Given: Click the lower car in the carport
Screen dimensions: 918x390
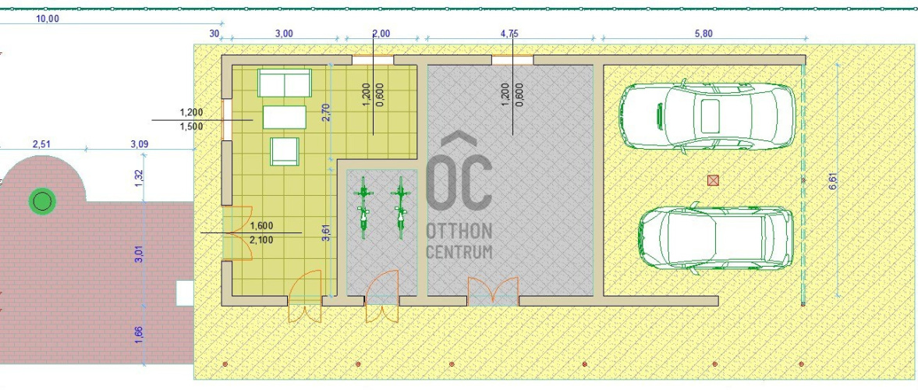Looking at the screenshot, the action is pos(715,237).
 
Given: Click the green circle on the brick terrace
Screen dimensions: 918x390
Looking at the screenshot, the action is pos(42,202).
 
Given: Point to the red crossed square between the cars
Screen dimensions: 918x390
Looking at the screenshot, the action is pos(713,179).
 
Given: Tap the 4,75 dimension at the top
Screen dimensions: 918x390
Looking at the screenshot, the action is pos(509,34).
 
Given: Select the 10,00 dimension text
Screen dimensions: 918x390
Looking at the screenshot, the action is pos(48,18).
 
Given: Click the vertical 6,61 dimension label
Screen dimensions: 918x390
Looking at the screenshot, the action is pos(832,180).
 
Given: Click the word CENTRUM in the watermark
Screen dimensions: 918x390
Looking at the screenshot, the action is pos(459,252).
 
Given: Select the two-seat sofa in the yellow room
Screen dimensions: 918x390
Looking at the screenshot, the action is pos(285,83).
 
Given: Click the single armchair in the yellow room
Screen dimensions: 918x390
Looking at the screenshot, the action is pos(285,151).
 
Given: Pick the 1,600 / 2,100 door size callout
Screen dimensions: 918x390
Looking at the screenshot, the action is pos(262,232).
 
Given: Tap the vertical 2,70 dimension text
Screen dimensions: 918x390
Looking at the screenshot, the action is pos(327,112).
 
